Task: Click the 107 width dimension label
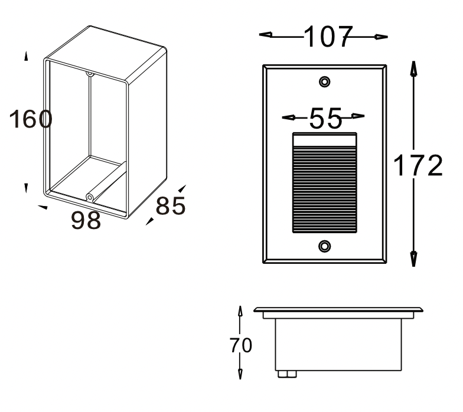(328, 37)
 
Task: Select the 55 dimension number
(326, 118)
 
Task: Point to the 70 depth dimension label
(241, 345)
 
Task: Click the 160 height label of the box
(31, 119)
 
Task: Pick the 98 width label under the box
(86, 220)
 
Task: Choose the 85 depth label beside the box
(171, 205)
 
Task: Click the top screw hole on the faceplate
(325, 81)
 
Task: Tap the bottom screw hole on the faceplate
(325, 246)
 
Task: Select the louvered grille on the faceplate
(325, 183)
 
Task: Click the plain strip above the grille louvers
(325, 140)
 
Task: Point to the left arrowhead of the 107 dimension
(266, 35)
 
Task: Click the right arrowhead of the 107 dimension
(382, 37)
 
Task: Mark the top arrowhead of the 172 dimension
(414, 68)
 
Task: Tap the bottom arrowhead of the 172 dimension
(414, 259)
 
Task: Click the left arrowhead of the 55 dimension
(288, 117)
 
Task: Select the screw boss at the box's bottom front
(90, 197)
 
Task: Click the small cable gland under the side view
(287, 374)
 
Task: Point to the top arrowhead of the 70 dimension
(240, 311)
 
